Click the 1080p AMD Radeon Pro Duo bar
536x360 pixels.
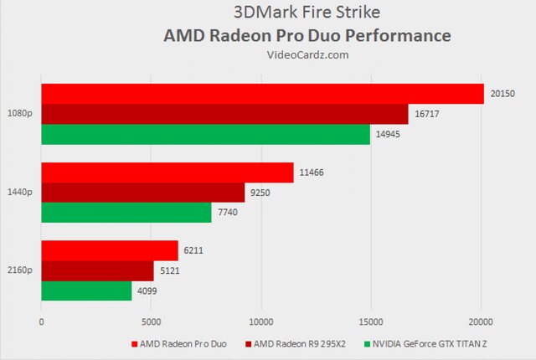(262, 94)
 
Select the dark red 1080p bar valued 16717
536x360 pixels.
(224, 114)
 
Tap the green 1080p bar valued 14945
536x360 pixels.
(205, 134)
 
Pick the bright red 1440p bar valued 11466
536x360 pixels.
(167, 172)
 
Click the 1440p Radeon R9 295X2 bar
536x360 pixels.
(142, 193)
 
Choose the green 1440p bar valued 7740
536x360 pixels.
(126, 213)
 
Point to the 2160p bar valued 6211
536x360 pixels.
(110, 250)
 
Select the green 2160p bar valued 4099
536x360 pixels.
(86, 291)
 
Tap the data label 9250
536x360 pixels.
(260, 193)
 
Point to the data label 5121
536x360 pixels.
(169, 270)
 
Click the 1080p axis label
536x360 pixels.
(19, 114)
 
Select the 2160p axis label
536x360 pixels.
(19, 270)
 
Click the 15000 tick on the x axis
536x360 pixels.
(371, 321)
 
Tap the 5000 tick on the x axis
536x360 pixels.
(151, 321)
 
